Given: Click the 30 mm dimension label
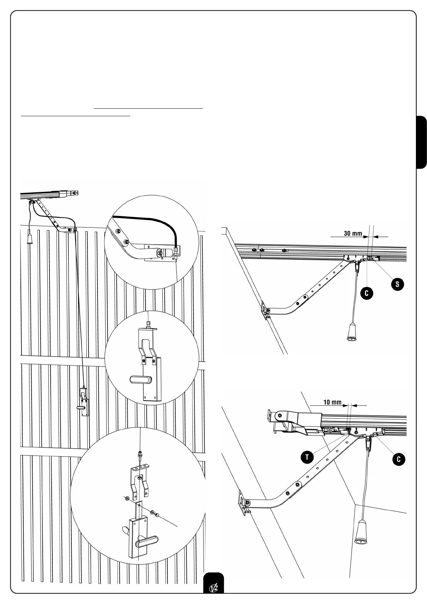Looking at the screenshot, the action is [353, 233].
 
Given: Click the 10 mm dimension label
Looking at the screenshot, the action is [332, 402].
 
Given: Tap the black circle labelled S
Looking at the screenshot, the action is [397, 284].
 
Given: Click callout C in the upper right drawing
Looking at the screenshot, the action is [366, 293].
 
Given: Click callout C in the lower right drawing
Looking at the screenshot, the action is [398, 459].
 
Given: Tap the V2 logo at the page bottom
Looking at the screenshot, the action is [213, 588].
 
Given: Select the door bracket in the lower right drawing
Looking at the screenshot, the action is [245, 501].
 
